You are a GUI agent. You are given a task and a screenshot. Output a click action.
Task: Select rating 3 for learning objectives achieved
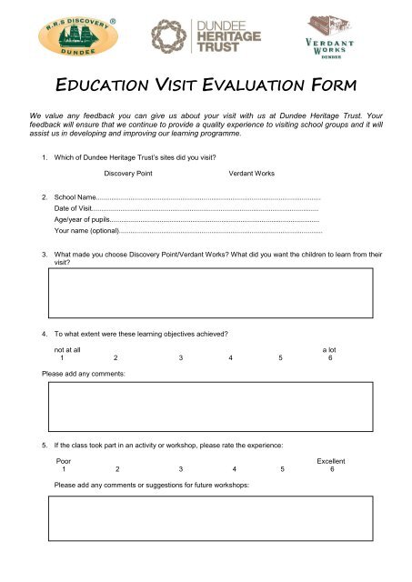[181, 357]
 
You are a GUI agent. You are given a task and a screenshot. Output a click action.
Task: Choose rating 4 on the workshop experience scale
[235, 470]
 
